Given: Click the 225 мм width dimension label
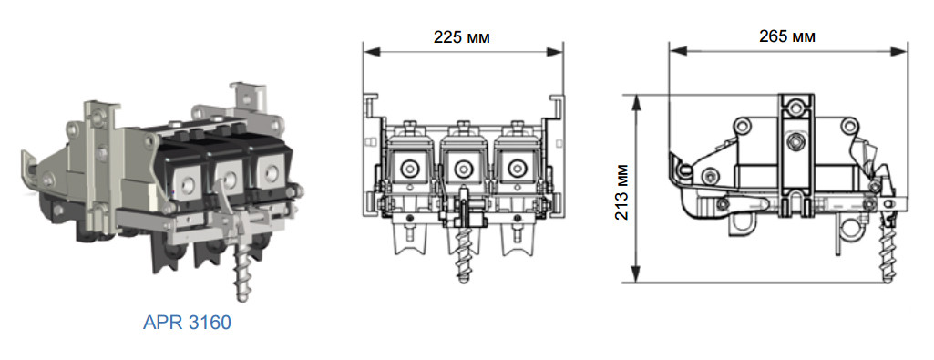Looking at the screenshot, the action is click(462, 37).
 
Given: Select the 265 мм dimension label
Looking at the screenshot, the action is click(787, 36).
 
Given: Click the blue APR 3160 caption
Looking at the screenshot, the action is click(187, 323).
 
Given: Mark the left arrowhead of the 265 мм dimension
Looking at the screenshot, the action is click(677, 51).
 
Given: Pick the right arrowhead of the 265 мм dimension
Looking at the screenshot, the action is click(899, 51).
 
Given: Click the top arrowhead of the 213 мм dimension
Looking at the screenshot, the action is click(637, 102).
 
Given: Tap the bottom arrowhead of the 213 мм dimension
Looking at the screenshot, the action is click(637, 274).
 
